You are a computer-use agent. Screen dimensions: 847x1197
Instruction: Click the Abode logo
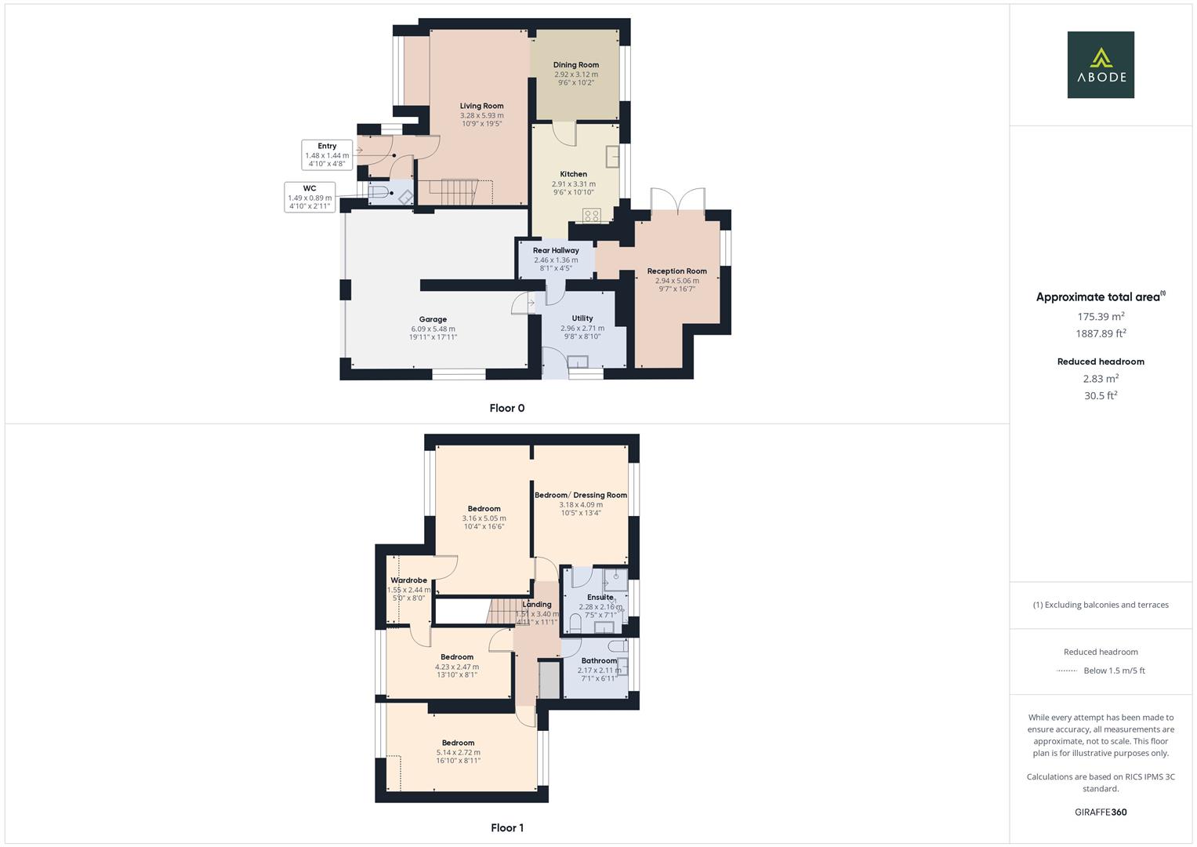1100,65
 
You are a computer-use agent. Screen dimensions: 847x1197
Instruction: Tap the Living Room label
481,106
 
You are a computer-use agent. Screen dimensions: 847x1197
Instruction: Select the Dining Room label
575,65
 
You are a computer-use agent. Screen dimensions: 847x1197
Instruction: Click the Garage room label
433,319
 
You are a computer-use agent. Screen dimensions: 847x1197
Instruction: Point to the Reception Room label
676,271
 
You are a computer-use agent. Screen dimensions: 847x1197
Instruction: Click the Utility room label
582,318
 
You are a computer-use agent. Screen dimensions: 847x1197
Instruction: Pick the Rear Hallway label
556,251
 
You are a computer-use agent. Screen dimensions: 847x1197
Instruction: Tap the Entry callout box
327,154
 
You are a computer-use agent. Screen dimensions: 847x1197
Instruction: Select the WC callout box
310,198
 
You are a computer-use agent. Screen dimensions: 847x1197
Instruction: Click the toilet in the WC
379,192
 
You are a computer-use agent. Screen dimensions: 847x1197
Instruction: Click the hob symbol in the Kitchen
592,215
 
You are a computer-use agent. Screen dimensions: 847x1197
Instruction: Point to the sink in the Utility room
578,362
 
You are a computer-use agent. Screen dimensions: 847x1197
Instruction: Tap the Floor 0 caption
506,408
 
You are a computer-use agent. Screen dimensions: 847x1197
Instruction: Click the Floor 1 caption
506,827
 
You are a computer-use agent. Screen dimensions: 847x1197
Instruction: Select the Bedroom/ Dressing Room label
581,495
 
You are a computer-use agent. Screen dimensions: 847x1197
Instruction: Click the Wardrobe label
408,580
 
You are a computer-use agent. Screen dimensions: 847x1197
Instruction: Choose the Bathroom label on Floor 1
599,661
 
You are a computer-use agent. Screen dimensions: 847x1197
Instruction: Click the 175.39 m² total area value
1101,317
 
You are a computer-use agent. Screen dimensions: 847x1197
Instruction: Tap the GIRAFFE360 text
1101,812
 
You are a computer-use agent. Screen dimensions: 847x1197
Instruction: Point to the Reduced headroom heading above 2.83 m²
1101,362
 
